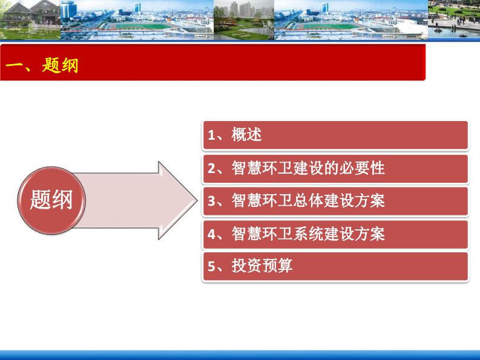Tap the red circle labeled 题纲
pyautogui.click(x=51, y=199)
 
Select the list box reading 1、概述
pyautogui.click(x=335, y=135)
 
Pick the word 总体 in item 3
pyautogui.click(x=307, y=200)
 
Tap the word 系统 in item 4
pyautogui.click(x=307, y=233)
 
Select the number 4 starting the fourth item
pyautogui.click(x=211, y=234)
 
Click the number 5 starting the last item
pyautogui.click(x=211, y=266)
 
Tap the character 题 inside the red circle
pyautogui.click(x=41, y=199)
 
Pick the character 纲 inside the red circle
pyautogui.click(x=62, y=199)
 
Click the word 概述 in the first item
pyautogui.click(x=246, y=135)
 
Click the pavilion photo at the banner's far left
pyautogui.click(x=30, y=20)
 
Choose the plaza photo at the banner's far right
pyautogui.click(x=453, y=20)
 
